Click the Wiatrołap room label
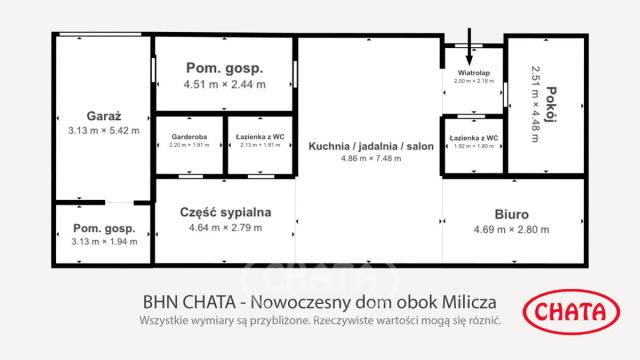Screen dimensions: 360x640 click(472, 73)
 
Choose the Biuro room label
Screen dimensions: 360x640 click(511, 214)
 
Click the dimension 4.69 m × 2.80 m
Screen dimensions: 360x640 click(511, 230)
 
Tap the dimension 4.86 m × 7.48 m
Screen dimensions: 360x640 click(371, 159)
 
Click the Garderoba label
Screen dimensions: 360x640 click(187, 135)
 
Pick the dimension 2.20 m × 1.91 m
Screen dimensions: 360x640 click(187, 145)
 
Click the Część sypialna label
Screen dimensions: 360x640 click(225, 212)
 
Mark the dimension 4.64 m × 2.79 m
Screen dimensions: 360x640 click(225, 228)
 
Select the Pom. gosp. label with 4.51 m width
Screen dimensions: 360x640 click(224, 68)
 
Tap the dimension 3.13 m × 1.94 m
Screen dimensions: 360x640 click(105, 241)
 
